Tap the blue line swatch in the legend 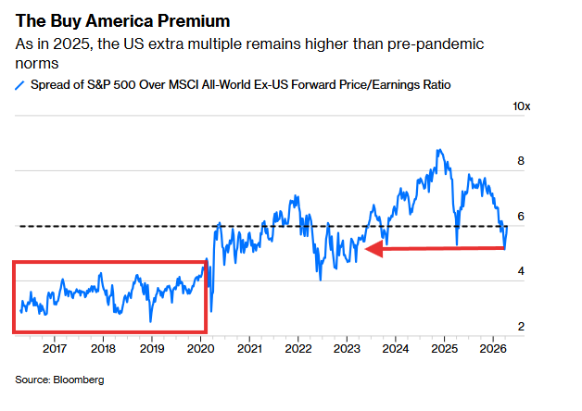tap(20, 85)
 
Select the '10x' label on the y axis tap(522, 107)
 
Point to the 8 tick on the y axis tap(521, 161)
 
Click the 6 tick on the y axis tap(521, 217)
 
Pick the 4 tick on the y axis tap(521, 272)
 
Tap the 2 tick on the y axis tap(521, 327)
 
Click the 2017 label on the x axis tap(55, 348)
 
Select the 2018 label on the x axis tap(103, 348)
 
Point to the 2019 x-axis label tap(152, 348)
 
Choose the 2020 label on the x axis tap(201, 348)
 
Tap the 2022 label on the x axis tap(298, 348)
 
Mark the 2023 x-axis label tap(348, 348)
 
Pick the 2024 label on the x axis tap(396, 348)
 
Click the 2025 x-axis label tap(445, 348)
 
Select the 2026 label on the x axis tap(493, 348)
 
